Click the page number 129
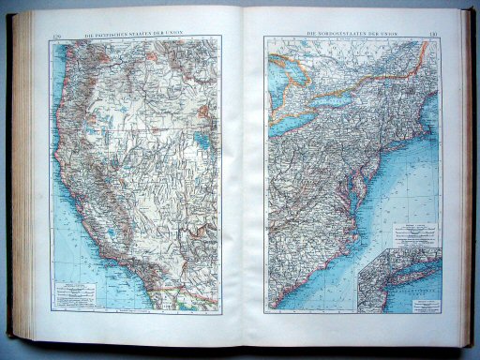point(56,37)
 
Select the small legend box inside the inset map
point(421,301)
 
